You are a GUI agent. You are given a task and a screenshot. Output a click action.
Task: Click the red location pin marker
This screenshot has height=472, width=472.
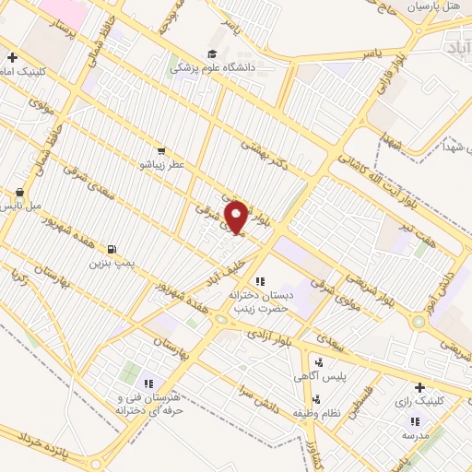[237, 218]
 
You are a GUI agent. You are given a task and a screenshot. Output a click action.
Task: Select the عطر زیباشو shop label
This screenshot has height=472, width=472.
[161, 165]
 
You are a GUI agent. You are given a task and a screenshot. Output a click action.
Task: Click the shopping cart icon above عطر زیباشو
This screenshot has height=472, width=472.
[161, 150]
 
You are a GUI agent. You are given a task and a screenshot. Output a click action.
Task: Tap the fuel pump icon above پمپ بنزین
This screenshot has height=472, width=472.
[112, 249]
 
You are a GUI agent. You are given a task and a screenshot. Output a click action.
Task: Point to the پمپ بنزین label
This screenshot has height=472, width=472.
[112, 264]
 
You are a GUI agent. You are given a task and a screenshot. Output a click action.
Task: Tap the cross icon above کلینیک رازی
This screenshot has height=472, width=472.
[419, 387]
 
